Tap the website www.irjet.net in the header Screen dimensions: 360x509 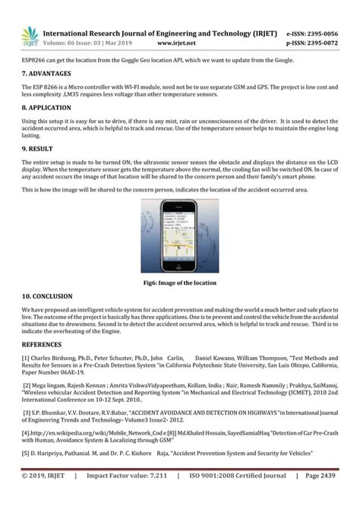point(200,43)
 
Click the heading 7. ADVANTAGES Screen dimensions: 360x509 point(46,74)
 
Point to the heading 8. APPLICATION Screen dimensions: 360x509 point(48,108)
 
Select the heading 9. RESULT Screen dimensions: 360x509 point(38,149)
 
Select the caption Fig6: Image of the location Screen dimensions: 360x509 point(180,283)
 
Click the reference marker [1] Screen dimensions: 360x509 point(26,357)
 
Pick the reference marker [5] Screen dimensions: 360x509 point(26,453)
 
